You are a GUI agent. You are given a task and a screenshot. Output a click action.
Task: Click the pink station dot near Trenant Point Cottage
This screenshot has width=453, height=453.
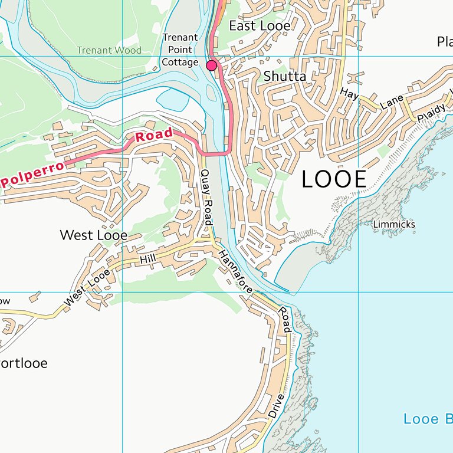pyautogui.click(x=211, y=65)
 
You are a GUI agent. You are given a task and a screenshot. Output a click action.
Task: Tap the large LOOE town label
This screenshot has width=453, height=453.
pyautogui.click(x=334, y=179)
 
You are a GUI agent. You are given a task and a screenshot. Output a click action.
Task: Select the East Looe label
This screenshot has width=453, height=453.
pyautogui.click(x=260, y=26)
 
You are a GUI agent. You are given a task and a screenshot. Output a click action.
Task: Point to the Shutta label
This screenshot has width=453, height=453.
pyautogui.click(x=285, y=77)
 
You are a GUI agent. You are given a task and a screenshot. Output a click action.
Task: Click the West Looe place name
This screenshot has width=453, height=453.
pyautogui.click(x=93, y=235)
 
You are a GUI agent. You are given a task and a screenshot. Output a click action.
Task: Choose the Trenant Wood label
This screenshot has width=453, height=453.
pyautogui.click(x=109, y=50)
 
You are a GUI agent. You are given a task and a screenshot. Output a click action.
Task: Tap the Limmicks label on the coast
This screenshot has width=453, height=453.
pyautogui.click(x=394, y=224)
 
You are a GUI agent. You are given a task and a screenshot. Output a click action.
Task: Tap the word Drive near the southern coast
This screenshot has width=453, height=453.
pyautogui.click(x=276, y=406)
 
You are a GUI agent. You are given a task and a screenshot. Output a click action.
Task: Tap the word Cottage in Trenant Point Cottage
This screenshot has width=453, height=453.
pyautogui.click(x=180, y=62)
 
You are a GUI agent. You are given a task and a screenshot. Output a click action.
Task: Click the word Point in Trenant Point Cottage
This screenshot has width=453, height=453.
pyautogui.click(x=180, y=50)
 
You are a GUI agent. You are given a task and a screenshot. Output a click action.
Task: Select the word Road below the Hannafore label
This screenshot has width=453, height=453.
pyautogui.click(x=284, y=319)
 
